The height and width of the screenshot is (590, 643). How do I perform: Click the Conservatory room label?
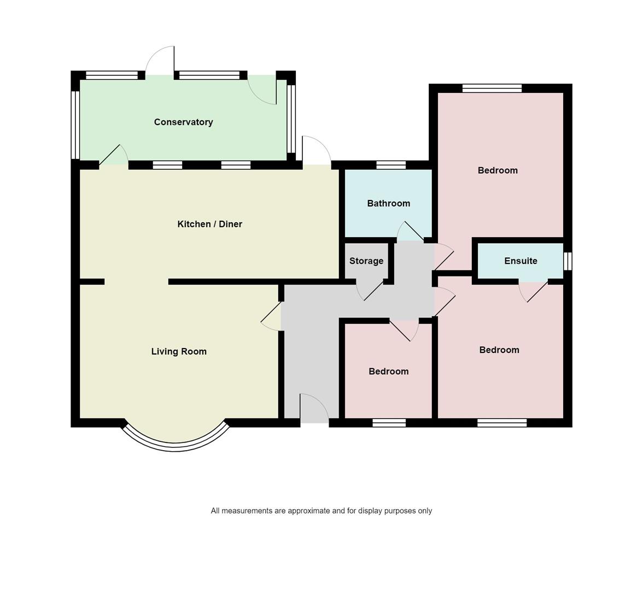pyautogui.click(x=183, y=122)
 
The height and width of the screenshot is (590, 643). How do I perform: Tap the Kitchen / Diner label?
pyautogui.click(x=209, y=224)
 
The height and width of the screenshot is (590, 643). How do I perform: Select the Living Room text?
pyautogui.click(x=179, y=351)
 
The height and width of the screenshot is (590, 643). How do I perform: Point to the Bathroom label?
pyautogui.click(x=388, y=203)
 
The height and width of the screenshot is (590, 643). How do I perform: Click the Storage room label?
pyautogui.click(x=366, y=261)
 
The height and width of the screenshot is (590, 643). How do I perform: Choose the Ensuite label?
pyautogui.click(x=521, y=261)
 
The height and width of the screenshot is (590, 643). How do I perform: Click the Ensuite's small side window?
pyautogui.click(x=568, y=261)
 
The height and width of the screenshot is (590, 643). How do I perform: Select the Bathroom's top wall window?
pyautogui.click(x=391, y=165)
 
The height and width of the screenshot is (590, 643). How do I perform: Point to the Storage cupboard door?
pyautogui.click(x=371, y=291)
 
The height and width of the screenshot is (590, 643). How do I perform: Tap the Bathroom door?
pyautogui.click(x=410, y=232)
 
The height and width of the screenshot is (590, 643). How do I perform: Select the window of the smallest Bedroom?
pyautogui.click(x=389, y=422)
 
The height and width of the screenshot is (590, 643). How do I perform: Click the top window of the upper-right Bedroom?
pyautogui.click(x=492, y=88)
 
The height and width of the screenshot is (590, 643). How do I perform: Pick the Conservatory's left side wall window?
pyautogui.click(x=76, y=125)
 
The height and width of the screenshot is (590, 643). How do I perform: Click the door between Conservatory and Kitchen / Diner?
pyautogui.click(x=113, y=156)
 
